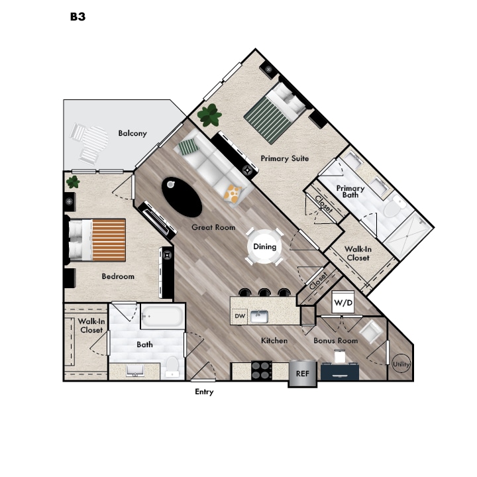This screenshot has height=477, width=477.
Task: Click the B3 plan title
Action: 78,17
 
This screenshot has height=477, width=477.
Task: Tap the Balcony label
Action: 132,133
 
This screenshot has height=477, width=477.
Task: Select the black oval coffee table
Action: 182,196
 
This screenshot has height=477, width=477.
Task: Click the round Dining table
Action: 264,246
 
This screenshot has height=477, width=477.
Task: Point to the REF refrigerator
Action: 302,373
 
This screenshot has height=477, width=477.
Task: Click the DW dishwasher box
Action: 240,317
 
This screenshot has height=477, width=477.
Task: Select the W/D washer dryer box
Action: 343,303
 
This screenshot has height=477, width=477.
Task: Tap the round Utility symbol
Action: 401,364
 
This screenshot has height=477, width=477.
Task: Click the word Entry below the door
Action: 204,392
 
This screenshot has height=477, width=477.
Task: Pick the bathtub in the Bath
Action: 162,317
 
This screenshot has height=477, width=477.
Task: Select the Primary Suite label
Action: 284,158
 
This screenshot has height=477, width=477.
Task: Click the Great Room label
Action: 213,227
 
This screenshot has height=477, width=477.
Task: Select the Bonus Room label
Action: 335,341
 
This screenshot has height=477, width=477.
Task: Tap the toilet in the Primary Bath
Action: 394,207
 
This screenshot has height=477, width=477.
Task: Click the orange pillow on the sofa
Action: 233,193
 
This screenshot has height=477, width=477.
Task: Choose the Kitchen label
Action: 274,341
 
